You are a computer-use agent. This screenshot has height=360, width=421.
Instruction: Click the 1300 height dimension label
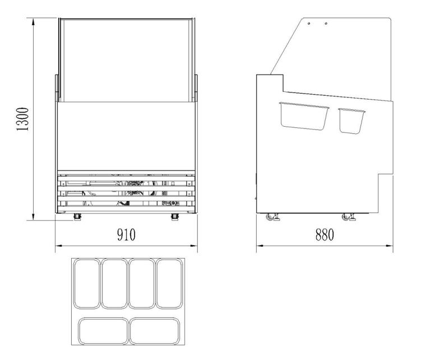coord(23,119)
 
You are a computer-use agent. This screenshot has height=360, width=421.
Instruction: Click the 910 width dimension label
coord(126,234)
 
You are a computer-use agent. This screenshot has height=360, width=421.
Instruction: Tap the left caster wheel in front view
coord(77,216)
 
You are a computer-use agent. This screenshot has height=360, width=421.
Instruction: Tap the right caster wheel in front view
coord(175,216)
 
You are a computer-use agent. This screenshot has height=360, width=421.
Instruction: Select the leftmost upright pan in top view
coord(87,283)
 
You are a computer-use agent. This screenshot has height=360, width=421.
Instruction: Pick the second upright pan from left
coord(114,283)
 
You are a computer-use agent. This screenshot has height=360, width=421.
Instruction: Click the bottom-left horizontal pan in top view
coord(101,331)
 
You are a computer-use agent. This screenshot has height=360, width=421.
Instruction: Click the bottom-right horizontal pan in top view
coord(154,331)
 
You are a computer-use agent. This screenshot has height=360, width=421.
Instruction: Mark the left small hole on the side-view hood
coord(309,24)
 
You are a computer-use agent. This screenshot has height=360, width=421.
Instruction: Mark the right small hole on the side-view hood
coord(326,24)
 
